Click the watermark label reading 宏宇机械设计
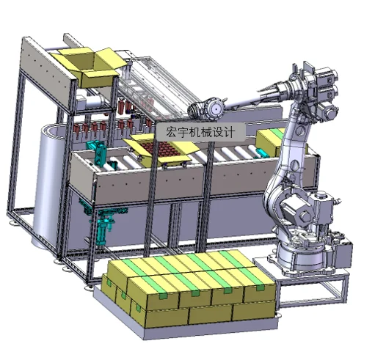pos(200,132)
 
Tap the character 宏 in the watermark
pos(170,132)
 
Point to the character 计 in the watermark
pos(229,132)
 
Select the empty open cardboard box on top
pos(90,67)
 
